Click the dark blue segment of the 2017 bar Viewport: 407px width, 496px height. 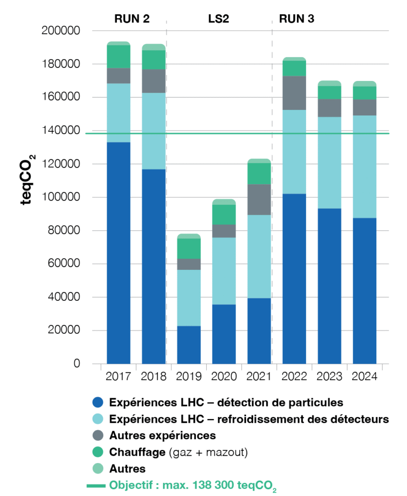click(x=118, y=252)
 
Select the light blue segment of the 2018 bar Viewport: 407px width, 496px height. click(x=153, y=131)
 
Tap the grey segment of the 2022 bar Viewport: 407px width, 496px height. click(x=294, y=93)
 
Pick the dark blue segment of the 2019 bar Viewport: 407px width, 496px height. click(x=189, y=344)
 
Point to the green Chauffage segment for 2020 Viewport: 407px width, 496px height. click(x=224, y=215)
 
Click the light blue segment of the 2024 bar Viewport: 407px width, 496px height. click(x=364, y=167)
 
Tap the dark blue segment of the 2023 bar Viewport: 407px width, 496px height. click(x=329, y=286)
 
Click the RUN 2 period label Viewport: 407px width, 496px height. click(x=131, y=19)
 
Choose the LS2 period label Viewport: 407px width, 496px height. click(x=219, y=19)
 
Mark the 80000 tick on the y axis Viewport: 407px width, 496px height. click(x=64, y=231)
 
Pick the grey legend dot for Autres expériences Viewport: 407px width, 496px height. click(x=98, y=435)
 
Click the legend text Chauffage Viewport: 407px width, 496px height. click(x=136, y=452)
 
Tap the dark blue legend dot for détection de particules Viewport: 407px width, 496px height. click(x=98, y=402)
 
